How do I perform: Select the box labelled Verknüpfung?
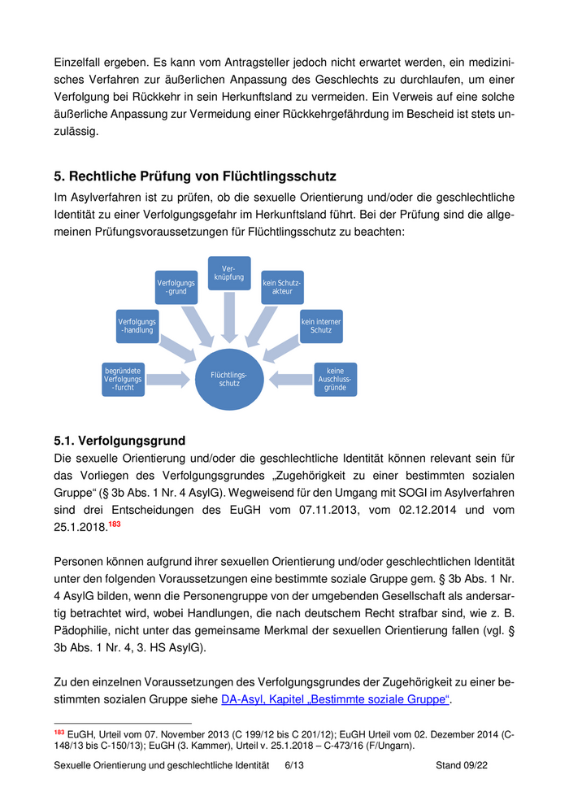click(x=229, y=274)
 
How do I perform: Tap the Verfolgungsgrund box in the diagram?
click(x=176, y=286)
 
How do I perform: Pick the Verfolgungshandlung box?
click(x=137, y=325)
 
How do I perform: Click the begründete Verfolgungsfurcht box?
click(x=124, y=380)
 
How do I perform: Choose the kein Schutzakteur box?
click(x=282, y=286)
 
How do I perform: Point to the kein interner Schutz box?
click(x=321, y=326)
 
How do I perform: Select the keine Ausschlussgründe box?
click(x=335, y=380)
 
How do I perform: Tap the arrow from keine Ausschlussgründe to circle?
click(x=291, y=379)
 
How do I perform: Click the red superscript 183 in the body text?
click(x=115, y=524)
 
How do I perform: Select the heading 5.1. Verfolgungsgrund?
click(x=119, y=441)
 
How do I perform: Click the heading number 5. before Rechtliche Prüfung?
click(x=59, y=176)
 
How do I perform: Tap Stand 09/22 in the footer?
click(x=462, y=765)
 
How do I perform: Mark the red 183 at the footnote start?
click(x=59, y=733)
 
